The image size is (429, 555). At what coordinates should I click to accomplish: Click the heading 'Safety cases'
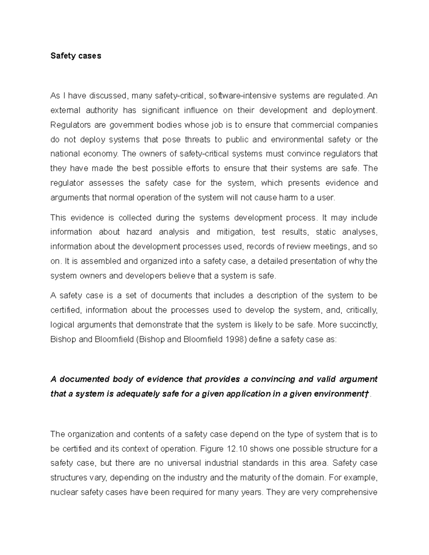click(76, 56)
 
